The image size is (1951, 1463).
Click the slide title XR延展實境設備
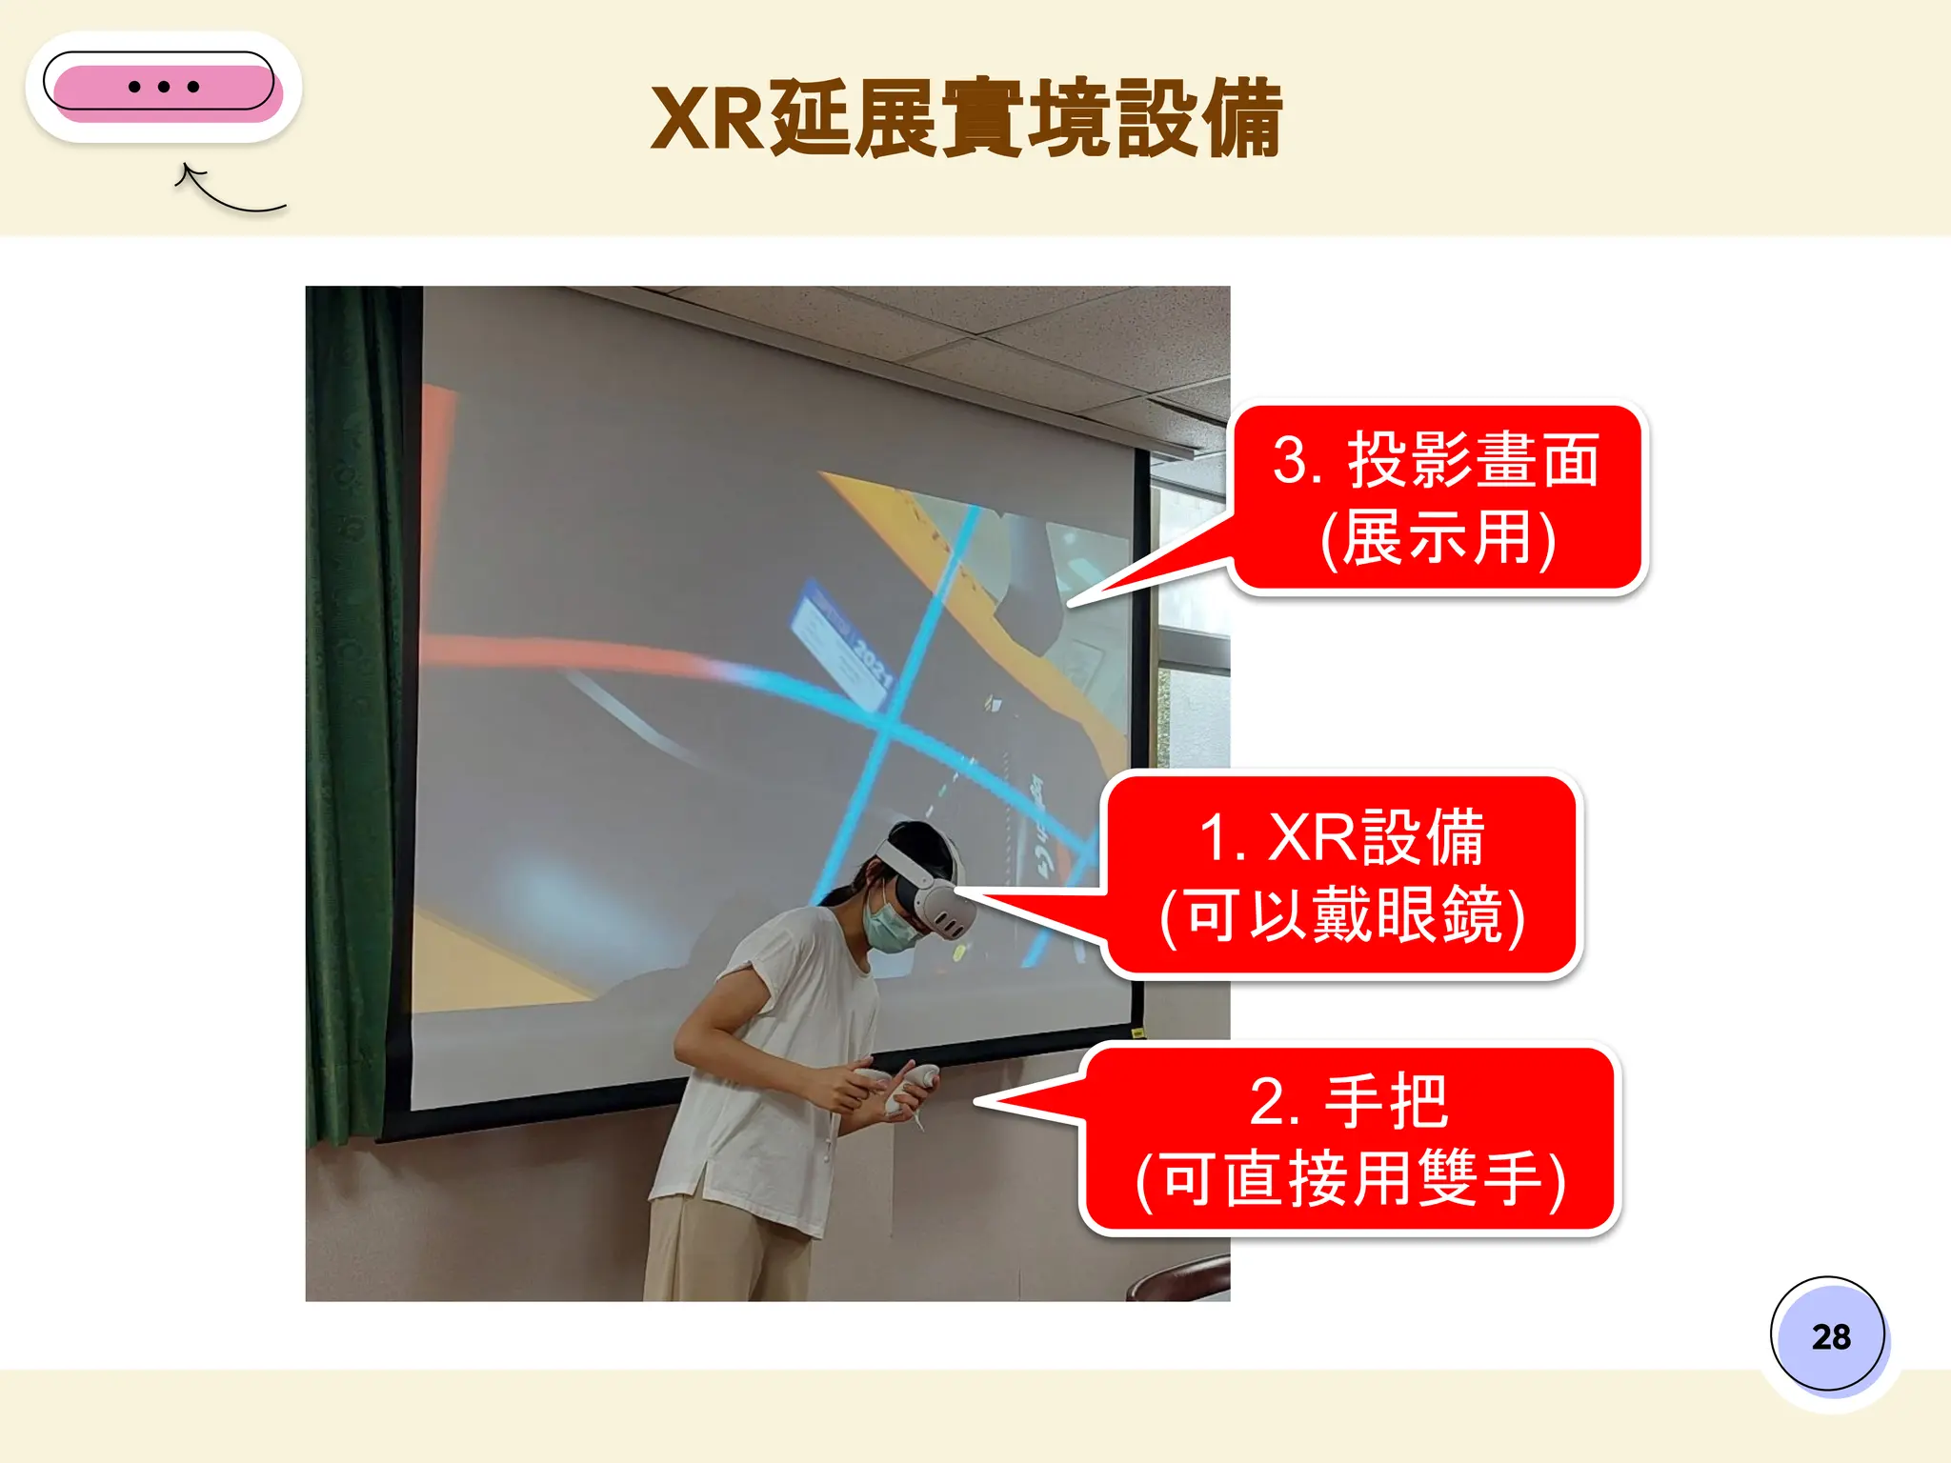(x=966, y=119)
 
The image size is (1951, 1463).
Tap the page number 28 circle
(x=1829, y=1335)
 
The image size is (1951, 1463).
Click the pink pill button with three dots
(x=164, y=87)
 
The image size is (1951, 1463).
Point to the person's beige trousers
(x=724, y=1248)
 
